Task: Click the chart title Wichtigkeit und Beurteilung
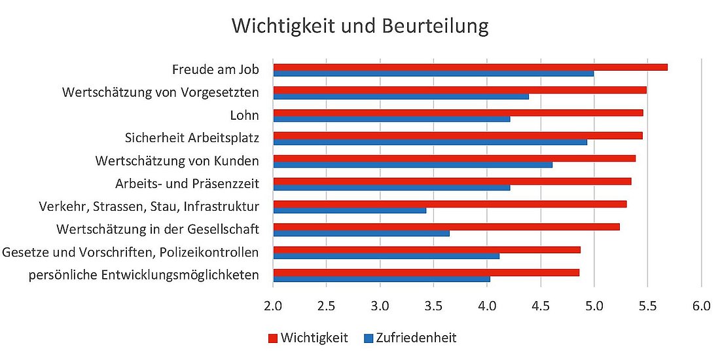pos(360,26)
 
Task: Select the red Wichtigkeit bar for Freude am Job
pos(470,67)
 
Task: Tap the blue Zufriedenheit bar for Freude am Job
pos(433,73)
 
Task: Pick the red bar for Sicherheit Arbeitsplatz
pos(458,135)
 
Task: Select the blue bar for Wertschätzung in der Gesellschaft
pos(361,232)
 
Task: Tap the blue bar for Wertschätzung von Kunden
pos(412,164)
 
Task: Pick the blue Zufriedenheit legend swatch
pos(369,338)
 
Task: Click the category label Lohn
pos(245,116)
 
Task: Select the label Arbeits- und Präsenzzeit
pos(187,184)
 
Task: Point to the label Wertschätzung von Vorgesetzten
pos(160,93)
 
